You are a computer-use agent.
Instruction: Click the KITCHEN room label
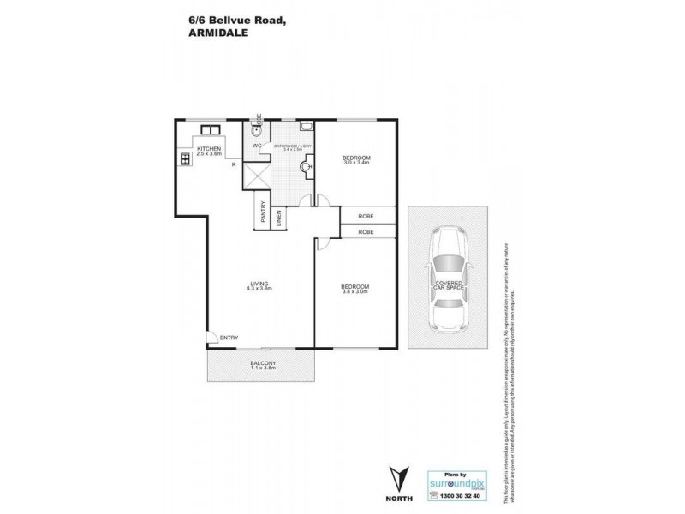210,150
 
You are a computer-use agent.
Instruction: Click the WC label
256,146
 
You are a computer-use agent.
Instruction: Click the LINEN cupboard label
279,217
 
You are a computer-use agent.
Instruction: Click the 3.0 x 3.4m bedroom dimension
355,164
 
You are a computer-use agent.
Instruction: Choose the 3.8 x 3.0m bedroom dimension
355,290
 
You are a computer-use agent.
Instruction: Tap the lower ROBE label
366,232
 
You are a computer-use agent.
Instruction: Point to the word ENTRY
229,338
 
